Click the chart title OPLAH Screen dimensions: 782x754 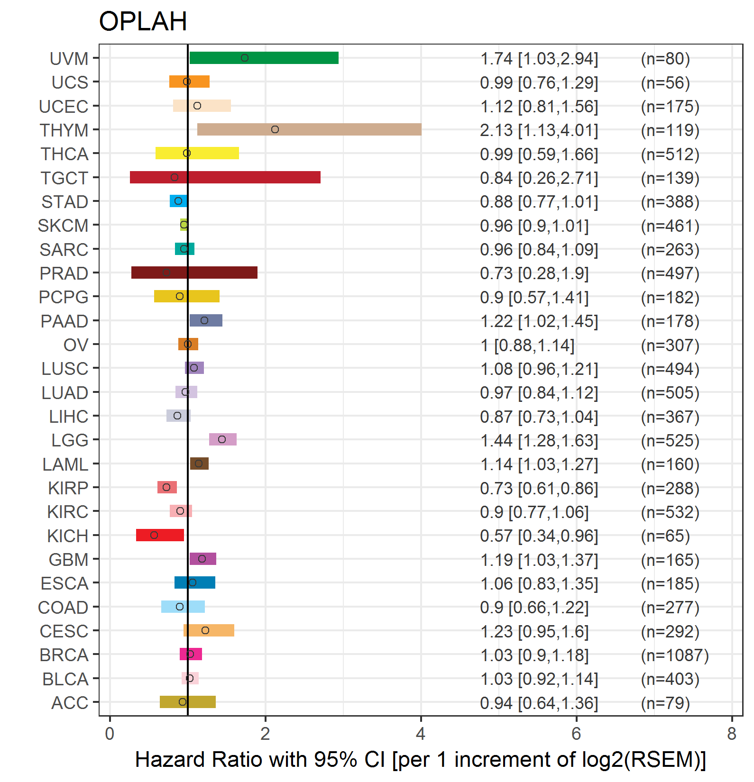pos(143,21)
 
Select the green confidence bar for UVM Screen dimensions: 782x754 pos(264,58)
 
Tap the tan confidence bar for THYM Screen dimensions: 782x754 pos(309,129)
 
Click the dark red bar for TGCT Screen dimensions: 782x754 pos(225,177)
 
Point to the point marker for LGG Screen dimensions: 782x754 pos(222,439)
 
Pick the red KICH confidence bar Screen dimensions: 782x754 pos(160,535)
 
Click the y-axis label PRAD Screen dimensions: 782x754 pos(64,273)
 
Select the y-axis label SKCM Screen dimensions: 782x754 pos(63,226)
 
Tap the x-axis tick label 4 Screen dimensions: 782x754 pos(421,734)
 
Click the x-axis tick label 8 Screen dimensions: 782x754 pos(732,734)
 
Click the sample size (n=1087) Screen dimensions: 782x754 pos(675,655)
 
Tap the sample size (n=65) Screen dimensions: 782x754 pos(665,536)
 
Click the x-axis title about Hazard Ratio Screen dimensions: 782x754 pos(421,760)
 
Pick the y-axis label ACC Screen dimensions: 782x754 pos(70,703)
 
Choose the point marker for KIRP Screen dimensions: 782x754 pos(166,487)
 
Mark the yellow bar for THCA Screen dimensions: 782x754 pos(197,153)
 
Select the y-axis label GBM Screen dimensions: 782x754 pos(68,560)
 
